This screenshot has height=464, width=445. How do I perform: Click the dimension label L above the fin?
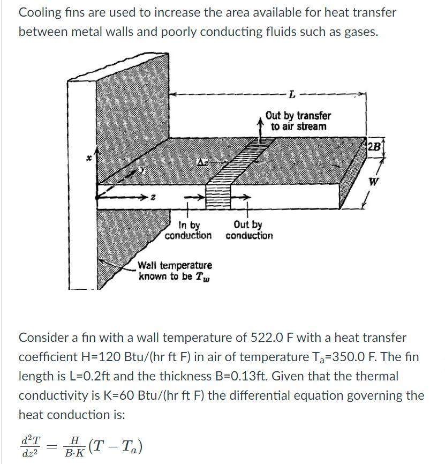[291, 96]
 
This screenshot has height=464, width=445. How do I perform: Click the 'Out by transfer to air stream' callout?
[298, 121]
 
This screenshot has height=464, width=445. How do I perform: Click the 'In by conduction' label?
[188, 230]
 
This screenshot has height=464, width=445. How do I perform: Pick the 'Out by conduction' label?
[249, 230]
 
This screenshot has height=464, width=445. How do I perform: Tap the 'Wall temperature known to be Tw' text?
[175, 271]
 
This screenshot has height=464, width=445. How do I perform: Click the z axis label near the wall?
[153, 199]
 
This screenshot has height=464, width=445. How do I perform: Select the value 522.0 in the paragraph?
[269, 338]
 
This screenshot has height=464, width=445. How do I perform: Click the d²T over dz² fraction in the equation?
[30, 446]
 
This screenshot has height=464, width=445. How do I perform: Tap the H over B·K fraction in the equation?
[76, 446]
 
